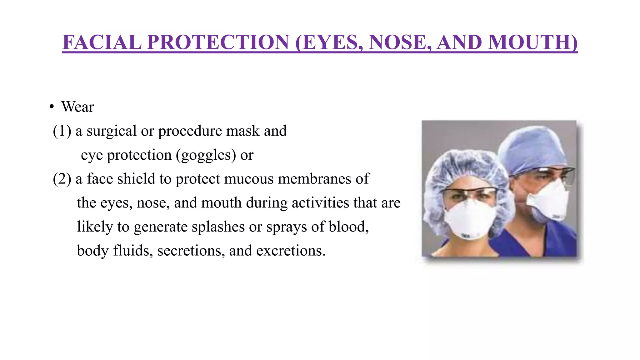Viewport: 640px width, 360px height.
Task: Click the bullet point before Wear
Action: (52, 107)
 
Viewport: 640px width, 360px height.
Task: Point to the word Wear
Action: (77, 107)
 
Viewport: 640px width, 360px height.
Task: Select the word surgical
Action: (112, 131)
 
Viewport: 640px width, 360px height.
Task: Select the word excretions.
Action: (291, 251)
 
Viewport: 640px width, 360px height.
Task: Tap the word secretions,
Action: (191, 251)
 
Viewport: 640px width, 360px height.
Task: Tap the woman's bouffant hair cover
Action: (462, 169)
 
